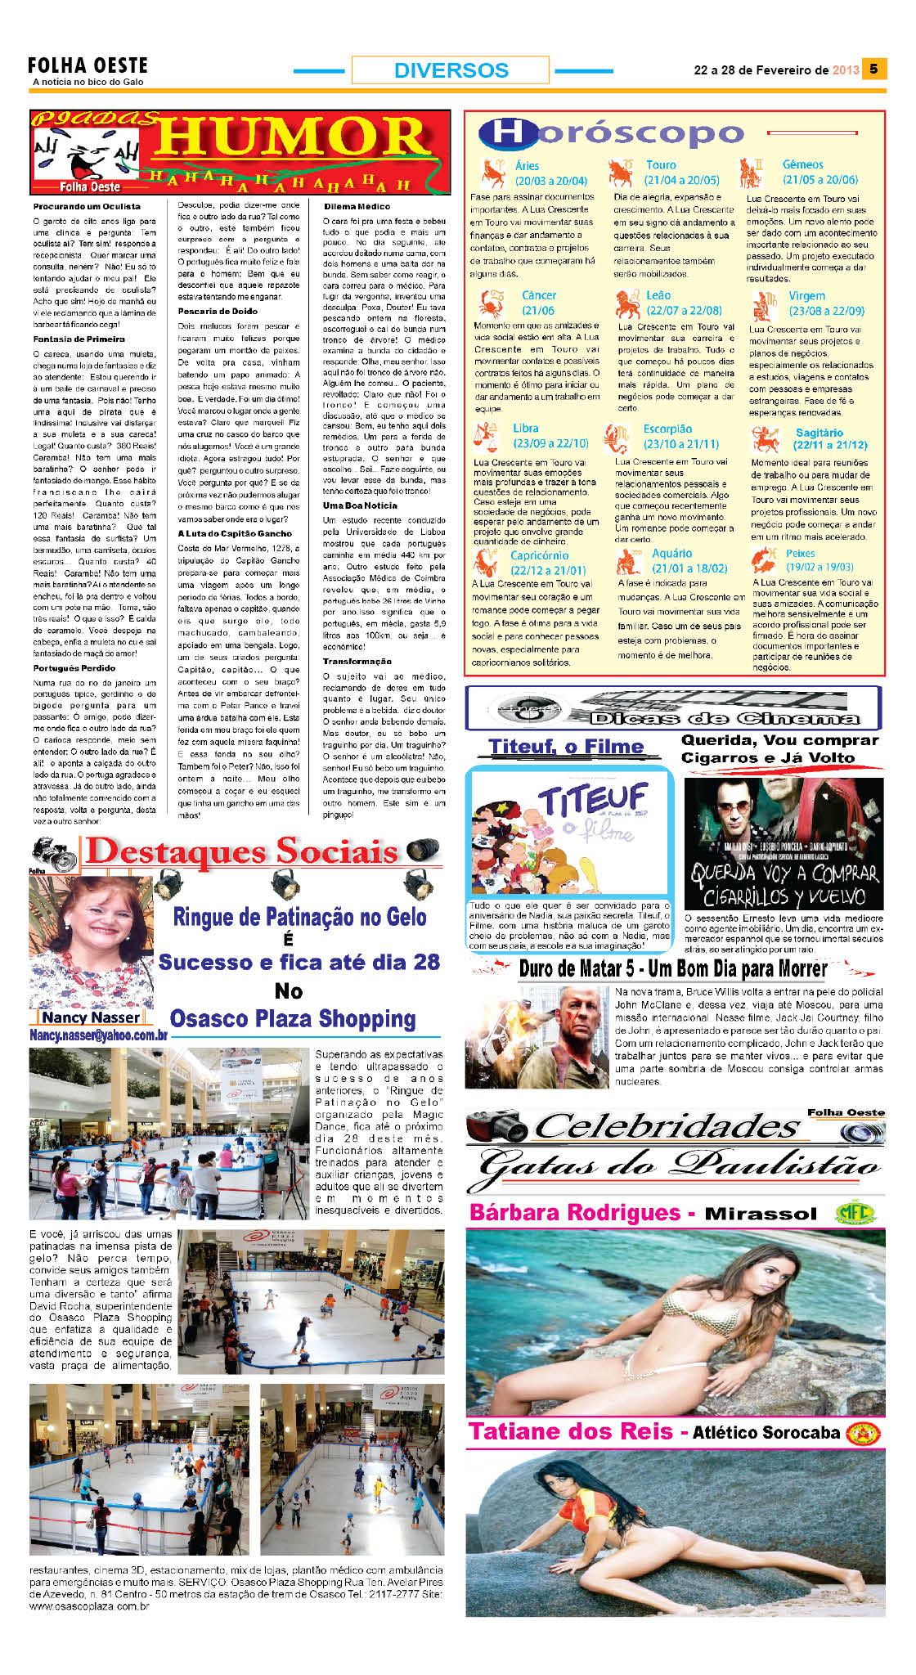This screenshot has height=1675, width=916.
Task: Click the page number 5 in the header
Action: [873, 70]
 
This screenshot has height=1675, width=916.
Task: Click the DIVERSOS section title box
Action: [451, 70]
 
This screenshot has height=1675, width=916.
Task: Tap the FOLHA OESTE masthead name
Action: [88, 65]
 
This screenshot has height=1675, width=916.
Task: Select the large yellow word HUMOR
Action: [293, 137]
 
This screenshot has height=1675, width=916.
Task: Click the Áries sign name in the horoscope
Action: [527, 165]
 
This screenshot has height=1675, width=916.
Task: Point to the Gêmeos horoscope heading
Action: [802, 164]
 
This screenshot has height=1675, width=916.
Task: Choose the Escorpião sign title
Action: [667, 429]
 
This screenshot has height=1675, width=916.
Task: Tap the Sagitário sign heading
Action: [819, 433]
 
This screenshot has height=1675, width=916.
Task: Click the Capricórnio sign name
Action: [539, 555]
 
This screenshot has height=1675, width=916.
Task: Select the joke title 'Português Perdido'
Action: [74, 667]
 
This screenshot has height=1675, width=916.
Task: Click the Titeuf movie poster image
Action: [569, 833]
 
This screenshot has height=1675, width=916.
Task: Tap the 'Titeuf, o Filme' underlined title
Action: [566, 747]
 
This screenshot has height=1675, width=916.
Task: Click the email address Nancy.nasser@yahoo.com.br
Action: [98, 1035]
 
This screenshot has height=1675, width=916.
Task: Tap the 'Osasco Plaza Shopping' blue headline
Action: [293, 1019]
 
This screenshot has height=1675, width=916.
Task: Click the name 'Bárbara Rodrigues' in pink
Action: [575, 1212]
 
